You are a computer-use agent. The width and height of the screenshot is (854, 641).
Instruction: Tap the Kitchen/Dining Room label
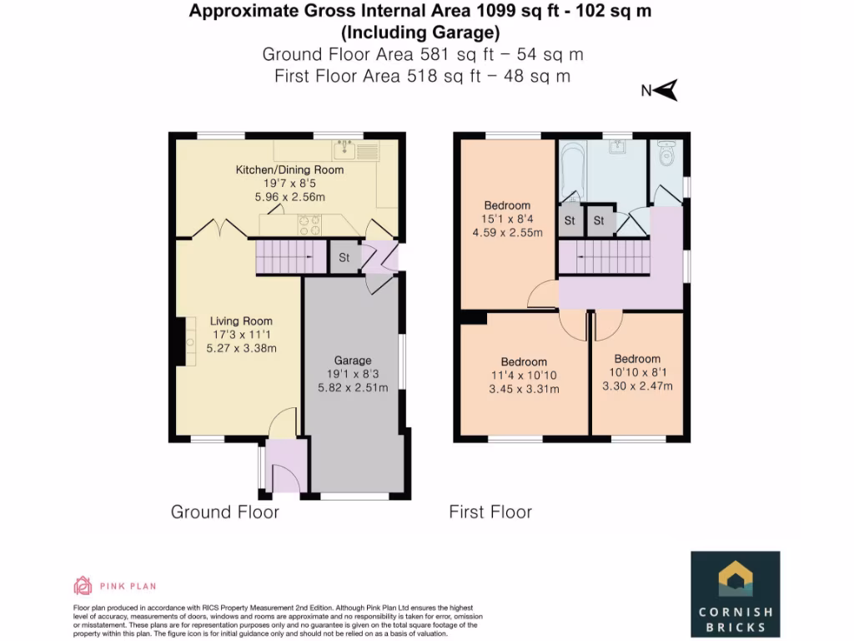click(289, 169)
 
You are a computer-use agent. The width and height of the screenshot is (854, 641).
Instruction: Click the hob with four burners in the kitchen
click(309, 225)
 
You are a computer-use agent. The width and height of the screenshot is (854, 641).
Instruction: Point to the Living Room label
click(241, 321)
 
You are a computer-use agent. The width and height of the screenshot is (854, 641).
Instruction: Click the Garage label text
click(352, 361)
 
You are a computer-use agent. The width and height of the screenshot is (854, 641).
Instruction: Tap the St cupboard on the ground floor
click(344, 257)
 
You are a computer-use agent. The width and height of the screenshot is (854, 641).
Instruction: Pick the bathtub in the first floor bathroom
click(573, 171)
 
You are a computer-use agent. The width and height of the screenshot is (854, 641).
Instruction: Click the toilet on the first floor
click(666, 154)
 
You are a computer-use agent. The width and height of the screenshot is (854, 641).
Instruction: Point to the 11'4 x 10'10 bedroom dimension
click(524, 376)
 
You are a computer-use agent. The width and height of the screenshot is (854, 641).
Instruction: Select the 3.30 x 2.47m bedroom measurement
click(637, 386)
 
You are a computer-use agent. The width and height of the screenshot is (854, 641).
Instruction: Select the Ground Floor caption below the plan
click(224, 512)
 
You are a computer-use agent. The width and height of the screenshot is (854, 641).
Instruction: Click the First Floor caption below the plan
click(490, 512)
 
